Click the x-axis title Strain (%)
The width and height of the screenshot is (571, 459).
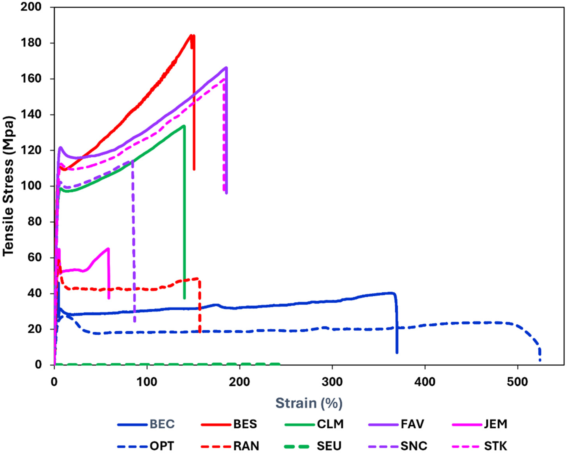point(309,403)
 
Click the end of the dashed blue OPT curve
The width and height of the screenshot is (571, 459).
point(540,360)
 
